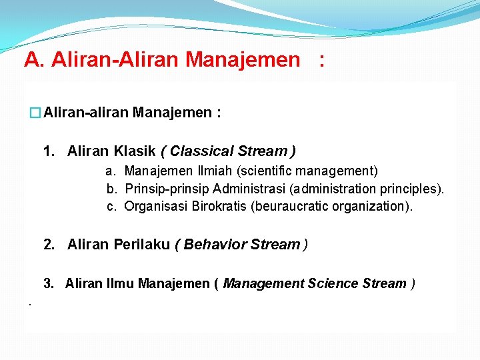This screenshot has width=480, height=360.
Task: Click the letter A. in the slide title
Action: (35, 60)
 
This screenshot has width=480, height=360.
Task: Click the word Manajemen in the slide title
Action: (243, 60)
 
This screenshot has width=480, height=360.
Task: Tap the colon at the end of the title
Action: (323, 61)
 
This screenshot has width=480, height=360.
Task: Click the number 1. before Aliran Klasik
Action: (49, 151)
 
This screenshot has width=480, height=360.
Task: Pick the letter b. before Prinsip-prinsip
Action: (111, 189)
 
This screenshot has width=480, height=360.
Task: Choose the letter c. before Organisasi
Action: (111, 206)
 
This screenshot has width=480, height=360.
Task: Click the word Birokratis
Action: (219, 206)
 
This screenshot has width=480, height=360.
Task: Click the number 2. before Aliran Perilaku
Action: (49, 244)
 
